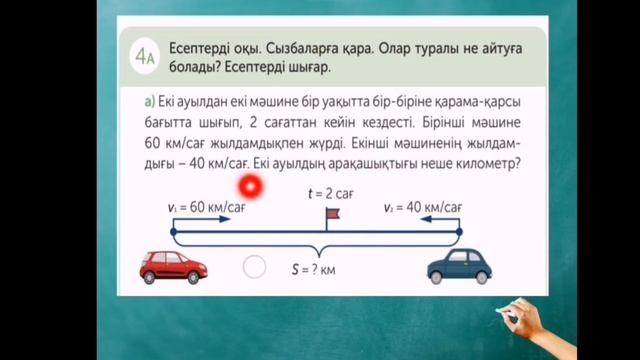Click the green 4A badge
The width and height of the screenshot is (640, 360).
(145, 57)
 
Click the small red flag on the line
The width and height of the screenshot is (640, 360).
(331, 215)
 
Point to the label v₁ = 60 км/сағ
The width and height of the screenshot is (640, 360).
(208, 207)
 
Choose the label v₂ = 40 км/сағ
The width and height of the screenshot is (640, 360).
(423, 207)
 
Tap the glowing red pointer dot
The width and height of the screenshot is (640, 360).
(249, 186)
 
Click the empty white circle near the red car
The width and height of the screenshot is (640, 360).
(255, 267)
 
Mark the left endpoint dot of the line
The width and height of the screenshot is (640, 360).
(173, 232)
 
